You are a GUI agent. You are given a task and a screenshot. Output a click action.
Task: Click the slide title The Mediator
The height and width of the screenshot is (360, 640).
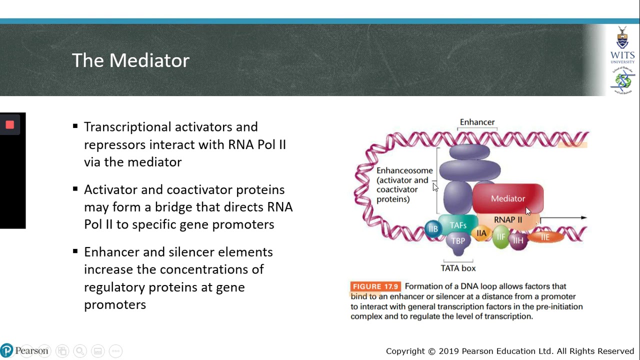(x=130, y=60)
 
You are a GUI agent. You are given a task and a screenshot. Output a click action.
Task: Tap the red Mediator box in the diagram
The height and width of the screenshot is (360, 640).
(x=507, y=198)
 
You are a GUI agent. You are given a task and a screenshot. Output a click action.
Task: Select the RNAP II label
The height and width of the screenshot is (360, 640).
(x=507, y=220)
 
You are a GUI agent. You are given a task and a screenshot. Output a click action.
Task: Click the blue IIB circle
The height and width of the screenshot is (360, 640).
(x=433, y=229)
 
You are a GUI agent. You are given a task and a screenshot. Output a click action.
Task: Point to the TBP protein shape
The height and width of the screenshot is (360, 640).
(x=458, y=241)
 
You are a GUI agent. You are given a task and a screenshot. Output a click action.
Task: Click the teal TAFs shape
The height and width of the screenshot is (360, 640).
(x=457, y=225)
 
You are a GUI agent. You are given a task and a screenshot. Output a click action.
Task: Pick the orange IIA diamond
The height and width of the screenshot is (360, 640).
(x=481, y=233)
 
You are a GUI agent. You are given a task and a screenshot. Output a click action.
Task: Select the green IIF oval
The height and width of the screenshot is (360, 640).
(x=500, y=237)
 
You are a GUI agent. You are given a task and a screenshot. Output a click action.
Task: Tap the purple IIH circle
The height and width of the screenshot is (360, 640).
(x=518, y=241)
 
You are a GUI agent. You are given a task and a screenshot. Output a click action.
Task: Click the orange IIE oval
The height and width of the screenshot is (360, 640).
(x=545, y=237)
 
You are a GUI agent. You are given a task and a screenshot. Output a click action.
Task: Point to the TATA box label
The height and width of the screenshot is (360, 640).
(x=458, y=268)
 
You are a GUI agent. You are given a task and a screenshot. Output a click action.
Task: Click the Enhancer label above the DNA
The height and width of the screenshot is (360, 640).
(x=477, y=122)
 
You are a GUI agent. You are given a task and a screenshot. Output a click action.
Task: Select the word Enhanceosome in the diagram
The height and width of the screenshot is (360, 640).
(x=404, y=170)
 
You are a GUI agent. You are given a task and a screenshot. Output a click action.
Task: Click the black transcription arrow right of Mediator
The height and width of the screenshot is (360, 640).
(x=562, y=218)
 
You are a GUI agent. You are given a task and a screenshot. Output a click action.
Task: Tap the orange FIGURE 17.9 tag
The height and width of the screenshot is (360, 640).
(x=375, y=286)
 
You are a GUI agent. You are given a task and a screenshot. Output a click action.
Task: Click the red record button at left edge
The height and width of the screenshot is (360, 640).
(x=9, y=125)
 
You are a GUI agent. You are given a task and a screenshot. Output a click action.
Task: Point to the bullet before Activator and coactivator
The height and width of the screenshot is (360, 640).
(x=75, y=189)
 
